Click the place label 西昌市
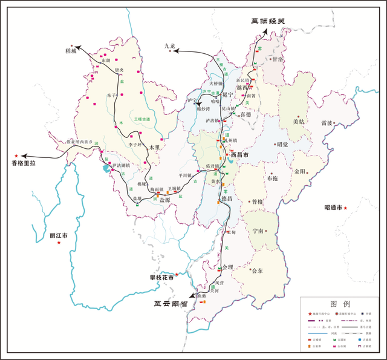243,155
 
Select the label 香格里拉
25,163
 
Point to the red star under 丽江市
59,243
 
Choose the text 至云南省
170,298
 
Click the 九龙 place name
171,45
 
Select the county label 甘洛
278,60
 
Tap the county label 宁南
259,231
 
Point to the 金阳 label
301,171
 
